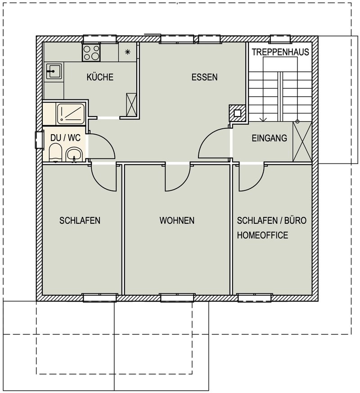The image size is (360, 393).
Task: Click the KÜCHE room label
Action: pos(100,77)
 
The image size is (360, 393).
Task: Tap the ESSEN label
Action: pos(204,77)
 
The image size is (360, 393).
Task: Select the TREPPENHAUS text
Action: pos(280,52)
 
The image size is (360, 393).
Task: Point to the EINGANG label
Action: pos(269,138)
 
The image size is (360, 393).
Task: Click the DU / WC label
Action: pos(65,138)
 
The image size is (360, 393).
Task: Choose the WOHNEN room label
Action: pos(177,220)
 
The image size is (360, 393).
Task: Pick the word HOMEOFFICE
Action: pos(262,235)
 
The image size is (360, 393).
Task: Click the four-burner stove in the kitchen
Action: pos(91,52)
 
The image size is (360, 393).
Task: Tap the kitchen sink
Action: pos(54,71)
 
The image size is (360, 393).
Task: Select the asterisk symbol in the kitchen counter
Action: pos(127,52)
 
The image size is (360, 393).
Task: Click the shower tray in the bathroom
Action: pos(70,114)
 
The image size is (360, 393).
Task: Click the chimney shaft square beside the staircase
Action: pos(237,113)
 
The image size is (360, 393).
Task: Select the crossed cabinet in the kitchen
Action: pos(131,104)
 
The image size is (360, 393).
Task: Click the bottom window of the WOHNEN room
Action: pos(177,298)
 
